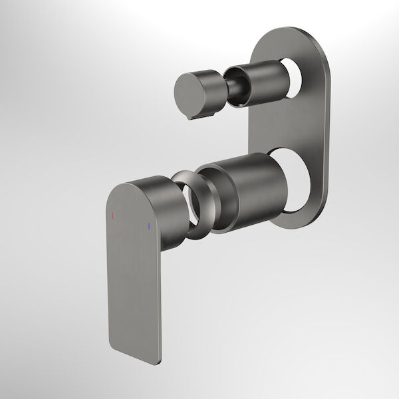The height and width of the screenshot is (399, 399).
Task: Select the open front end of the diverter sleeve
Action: coord(237,83)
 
